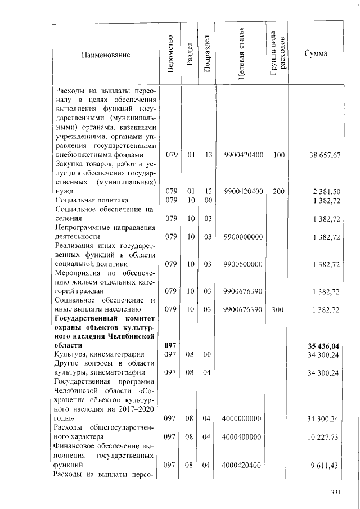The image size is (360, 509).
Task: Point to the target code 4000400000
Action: pos(242,437)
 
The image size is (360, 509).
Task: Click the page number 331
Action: pos(336,492)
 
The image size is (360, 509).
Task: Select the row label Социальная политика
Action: pos(92,200)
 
